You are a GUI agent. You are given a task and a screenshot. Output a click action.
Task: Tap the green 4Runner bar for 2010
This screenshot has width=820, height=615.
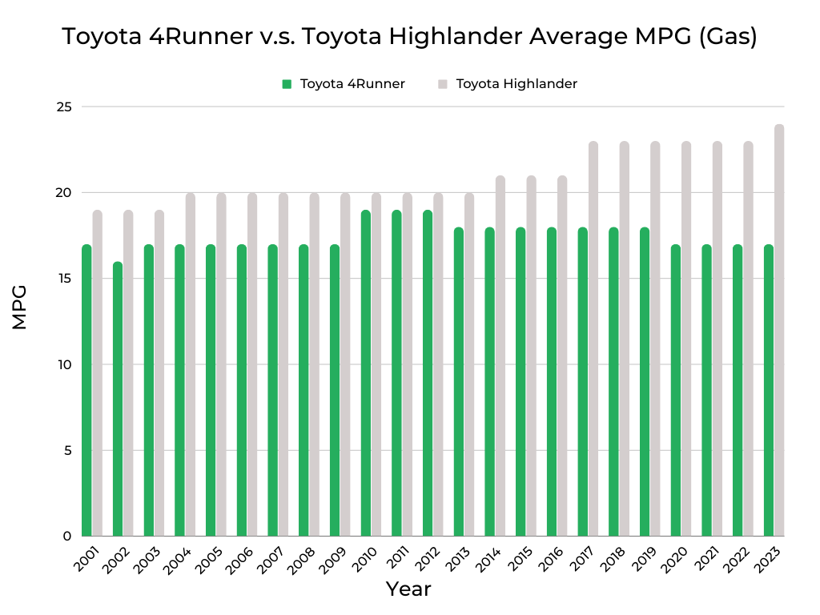(x=365, y=373)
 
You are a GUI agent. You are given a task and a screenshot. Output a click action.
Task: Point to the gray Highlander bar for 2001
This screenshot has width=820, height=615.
(x=97, y=373)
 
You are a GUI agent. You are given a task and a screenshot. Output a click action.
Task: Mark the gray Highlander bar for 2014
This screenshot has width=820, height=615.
(x=500, y=356)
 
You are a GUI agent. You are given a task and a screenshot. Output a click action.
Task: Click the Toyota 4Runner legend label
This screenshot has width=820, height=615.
(x=352, y=83)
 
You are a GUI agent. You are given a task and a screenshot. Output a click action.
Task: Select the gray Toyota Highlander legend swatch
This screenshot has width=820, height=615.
(x=442, y=83)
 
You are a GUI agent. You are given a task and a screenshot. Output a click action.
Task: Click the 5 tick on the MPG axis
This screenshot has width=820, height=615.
(x=67, y=450)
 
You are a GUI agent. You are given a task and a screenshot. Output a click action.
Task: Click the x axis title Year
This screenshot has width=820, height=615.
(x=408, y=589)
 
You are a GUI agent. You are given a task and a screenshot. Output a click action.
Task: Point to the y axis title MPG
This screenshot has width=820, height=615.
(x=20, y=307)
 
